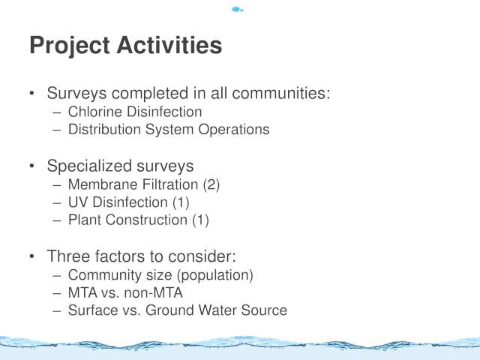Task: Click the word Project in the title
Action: click(x=70, y=46)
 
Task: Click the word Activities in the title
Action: click(x=169, y=45)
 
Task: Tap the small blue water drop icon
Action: click(x=237, y=10)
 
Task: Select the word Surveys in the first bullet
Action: click(x=76, y=93)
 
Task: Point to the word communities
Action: click(x=281, y=93)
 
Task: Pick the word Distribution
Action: click(x=104, y=129)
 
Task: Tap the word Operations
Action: click(x=234, y=130)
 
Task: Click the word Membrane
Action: click(x=103, y=184)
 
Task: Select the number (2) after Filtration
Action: click(x=211, y=185)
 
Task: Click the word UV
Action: click(x=78, y=202)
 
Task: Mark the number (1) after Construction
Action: click(x=200, y=220)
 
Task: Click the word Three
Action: click(x=68, y=256)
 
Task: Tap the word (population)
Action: click(x=215, y=275)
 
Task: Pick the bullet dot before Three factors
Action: click(x=32, y=256)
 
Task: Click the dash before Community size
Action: click(x=57, y=275)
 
